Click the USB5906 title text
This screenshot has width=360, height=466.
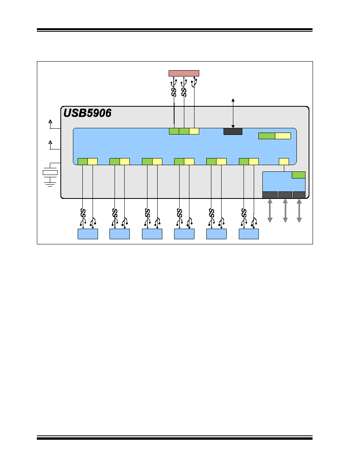87,113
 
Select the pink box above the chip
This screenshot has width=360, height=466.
184,73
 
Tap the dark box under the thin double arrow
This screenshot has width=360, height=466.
233,131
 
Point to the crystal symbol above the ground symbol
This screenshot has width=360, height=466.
50,172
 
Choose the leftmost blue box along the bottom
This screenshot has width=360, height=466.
87,234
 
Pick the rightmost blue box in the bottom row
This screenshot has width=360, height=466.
249,234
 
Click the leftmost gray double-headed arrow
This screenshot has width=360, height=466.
270,211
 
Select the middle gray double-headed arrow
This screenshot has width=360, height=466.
285,211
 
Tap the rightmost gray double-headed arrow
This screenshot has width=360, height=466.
299,211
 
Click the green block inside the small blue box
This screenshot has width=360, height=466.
298,175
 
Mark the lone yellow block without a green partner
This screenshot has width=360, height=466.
284,161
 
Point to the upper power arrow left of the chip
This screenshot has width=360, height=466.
50,124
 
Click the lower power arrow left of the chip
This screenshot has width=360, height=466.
50,145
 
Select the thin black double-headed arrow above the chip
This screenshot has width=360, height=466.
233,113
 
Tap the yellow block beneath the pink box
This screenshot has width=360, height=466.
194,131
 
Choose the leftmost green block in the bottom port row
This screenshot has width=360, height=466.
83,161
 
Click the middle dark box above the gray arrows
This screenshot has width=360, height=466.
285,195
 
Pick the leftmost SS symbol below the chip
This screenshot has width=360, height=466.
83,213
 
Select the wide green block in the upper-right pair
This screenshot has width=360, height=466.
267,136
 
